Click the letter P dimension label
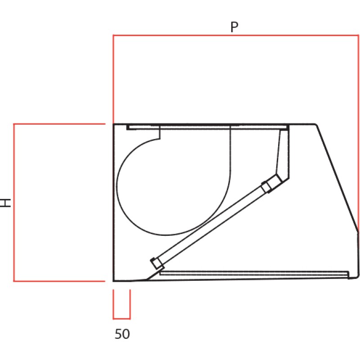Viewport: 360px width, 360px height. coord(234,27)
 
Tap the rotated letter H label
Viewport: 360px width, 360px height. coord(6,202)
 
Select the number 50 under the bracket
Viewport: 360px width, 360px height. coord(122,334)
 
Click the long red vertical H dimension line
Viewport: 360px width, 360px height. coord(14,202)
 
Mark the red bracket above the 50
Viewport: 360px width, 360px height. coord(121,318)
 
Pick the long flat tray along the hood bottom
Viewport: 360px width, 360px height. coord(254,273)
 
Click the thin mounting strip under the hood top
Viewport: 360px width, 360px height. coord(207,128)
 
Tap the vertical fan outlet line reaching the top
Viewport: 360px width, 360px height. coord(230,153)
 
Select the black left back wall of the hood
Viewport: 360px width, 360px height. coord(113,202)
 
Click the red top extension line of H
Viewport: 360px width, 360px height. coord(58,124)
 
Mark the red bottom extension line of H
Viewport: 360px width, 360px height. coord(58,281)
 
